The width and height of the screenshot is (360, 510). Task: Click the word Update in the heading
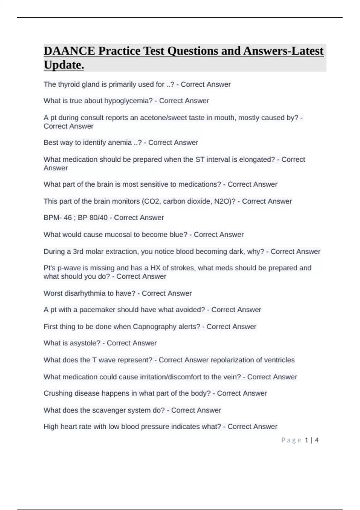64,65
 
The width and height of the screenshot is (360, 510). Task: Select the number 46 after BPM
68,218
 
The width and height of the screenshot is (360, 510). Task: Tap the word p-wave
65,268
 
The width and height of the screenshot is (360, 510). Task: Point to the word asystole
85,343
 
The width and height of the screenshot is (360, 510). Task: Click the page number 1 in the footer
307,440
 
